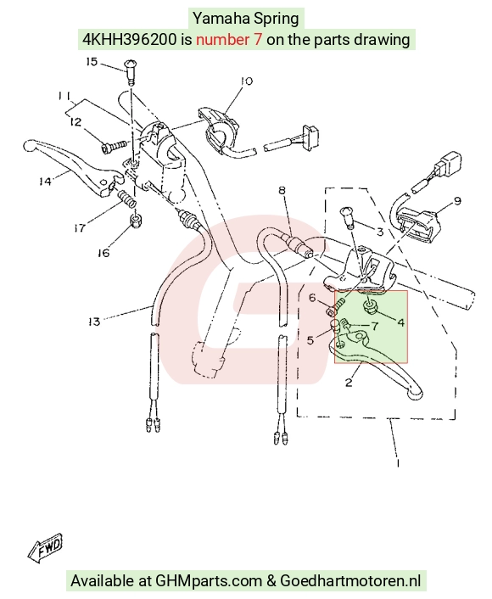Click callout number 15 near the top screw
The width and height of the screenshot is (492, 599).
coord(92,62)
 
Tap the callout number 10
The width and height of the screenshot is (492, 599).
coord(247,81)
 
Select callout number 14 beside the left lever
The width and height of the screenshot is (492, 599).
coord(45,181)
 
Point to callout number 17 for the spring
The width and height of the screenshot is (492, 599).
coord(80,228)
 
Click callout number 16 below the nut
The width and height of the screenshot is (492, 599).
coord(103,253)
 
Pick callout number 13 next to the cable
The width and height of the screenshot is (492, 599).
coord(93,322)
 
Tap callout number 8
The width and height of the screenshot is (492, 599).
coord(282,190)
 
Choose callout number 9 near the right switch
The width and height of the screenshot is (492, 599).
coord(457,201)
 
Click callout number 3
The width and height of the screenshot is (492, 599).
coord(380,232)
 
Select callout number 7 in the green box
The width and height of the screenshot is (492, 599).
coord(375,326)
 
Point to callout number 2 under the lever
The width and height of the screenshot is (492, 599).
coord(349,382)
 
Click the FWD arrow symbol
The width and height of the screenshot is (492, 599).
coord(46,548)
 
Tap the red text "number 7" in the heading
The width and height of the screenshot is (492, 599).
coord(229,39)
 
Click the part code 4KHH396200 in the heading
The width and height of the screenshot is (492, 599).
coord(130,39)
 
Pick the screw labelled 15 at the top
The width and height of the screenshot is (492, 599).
coord(131,72)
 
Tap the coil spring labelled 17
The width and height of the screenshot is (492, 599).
coord(127,199)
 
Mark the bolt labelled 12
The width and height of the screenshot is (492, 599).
coord(114,146)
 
